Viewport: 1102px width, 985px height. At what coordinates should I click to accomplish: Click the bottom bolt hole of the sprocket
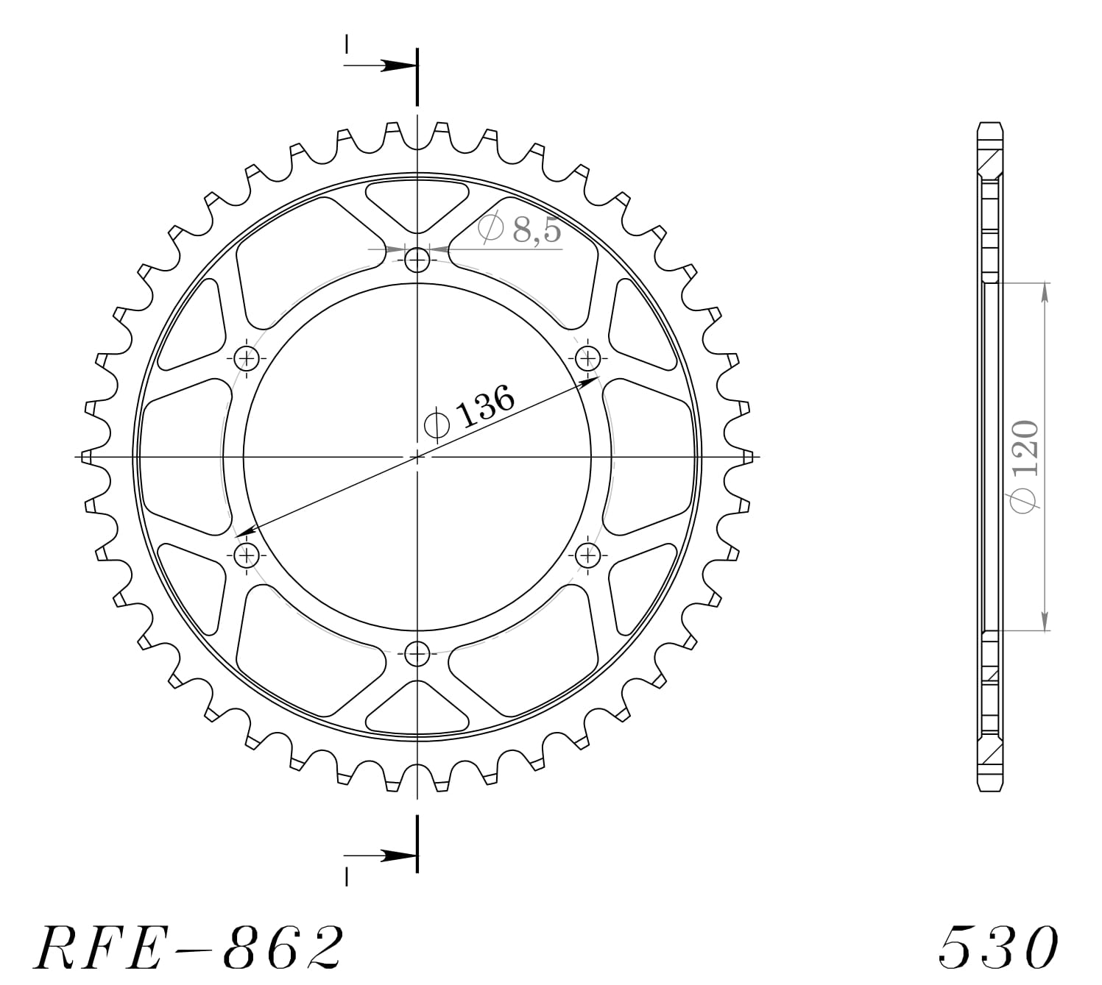pyautogui.click(x=417, y=652)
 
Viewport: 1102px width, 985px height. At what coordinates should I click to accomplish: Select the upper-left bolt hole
pyautogui.click(x=247, y=359)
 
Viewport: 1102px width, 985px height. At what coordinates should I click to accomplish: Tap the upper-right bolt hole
pyautogui.click(x=587, y=359)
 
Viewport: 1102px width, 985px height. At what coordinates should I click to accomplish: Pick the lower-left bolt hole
pyautogui.click(x=247, y=554)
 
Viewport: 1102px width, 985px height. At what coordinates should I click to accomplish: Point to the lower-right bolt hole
pyautogui.click(x=587, y=554)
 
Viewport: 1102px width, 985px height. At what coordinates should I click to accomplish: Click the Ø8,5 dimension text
pyautogui.click(x=520, y=230)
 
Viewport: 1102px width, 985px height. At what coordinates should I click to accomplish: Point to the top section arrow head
pyautogui.click(x=398, y=65)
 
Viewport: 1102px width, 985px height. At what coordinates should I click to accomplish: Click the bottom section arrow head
pyautogui.click(x=398, y=856)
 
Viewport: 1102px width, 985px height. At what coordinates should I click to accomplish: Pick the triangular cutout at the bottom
pyautogui.click(x=417, y=711)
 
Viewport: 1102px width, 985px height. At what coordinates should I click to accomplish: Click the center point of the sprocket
pyautogui.click(x=417, y=457)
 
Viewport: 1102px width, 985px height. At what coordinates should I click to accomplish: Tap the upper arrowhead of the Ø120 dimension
pyautogui.click(x=1045, y=291)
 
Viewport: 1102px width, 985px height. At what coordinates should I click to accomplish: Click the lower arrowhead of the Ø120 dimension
pyautogui.click(x=1045, y=621)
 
